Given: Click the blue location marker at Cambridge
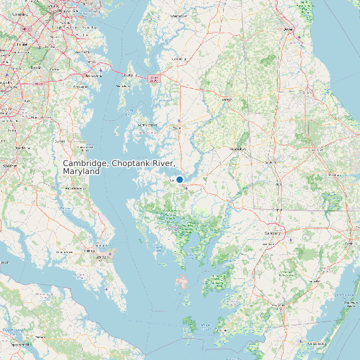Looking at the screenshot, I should click(x=179, y=179).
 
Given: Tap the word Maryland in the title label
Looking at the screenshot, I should click(x=81, y=171).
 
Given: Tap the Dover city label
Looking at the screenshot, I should click(x=288, y=29).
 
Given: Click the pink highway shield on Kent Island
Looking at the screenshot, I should click(x=154, y=78).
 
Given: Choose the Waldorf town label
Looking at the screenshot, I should click(x=9, y=165).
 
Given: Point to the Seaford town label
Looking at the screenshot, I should click(x=270, y=162).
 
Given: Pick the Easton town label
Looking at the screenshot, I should click(x=177, y=128).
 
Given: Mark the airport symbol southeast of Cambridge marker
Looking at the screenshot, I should click(x=187, y=188).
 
